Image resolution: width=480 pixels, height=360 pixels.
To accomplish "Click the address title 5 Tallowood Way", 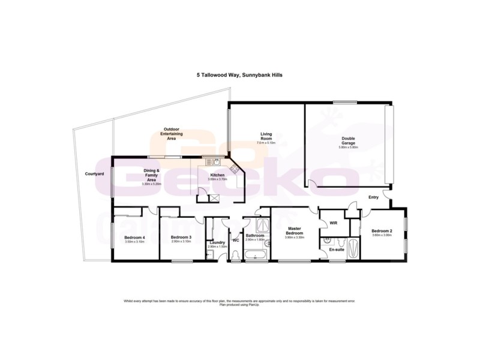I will [240, 76].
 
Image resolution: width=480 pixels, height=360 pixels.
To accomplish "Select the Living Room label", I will [266, 136].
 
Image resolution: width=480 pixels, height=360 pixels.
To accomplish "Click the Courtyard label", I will [95, 174].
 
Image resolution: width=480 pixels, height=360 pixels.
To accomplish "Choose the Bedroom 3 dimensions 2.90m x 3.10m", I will [182, 242].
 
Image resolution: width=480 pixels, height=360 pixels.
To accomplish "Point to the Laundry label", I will [217, 242].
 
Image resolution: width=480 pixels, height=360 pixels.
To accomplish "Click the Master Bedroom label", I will [294, 231].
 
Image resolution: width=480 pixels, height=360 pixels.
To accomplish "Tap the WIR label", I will [332, 223].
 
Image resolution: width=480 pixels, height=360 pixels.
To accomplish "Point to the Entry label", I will [373, 197].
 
